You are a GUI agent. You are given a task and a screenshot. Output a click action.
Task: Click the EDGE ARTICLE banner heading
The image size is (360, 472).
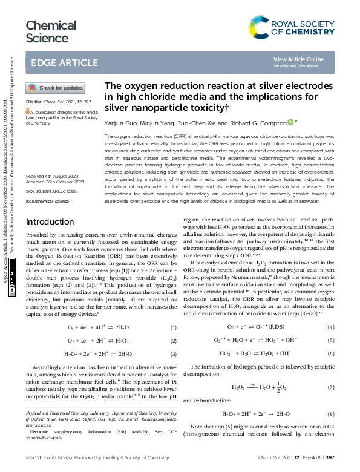point(61,62)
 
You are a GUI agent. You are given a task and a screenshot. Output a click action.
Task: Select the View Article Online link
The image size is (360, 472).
point(298,59)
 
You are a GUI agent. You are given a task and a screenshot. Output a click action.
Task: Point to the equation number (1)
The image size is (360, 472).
point(173,327)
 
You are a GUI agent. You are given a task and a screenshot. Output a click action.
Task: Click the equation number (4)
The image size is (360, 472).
point(331,327)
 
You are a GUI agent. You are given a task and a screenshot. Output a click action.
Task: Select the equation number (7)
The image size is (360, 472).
point(331,387)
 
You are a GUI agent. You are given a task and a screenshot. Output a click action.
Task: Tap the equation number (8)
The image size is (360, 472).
point(331,414)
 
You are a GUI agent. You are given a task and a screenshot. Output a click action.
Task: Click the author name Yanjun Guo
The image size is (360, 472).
point(120,123)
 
